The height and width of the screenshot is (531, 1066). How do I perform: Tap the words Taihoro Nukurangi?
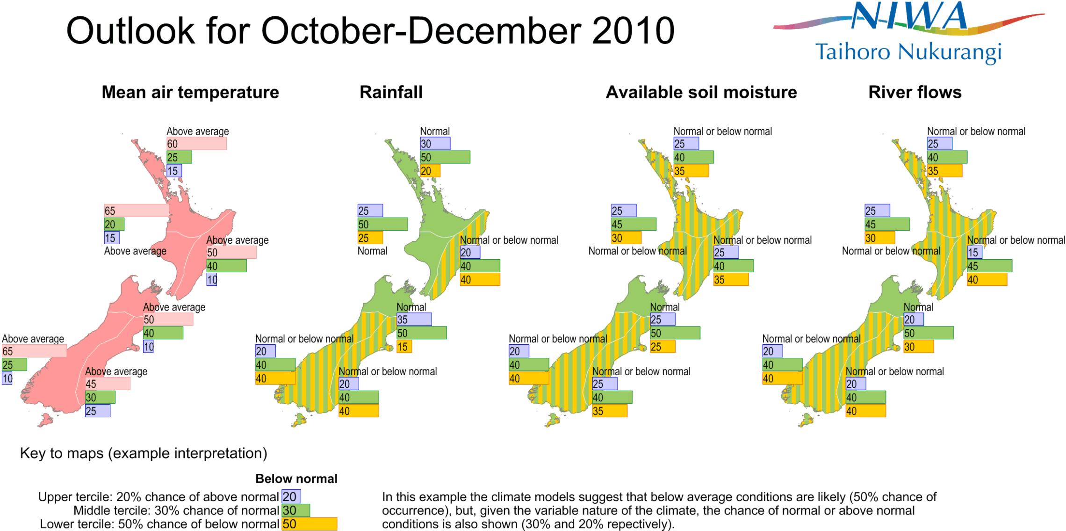click(x=908, y=52)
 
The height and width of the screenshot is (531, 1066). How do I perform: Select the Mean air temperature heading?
click(x=190, y=92)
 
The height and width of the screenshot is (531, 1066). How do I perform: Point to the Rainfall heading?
click(x=391, y=92)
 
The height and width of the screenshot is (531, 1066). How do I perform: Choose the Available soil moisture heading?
click(x=701, y=92)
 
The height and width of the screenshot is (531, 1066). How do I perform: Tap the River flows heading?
click(x=915, y=92)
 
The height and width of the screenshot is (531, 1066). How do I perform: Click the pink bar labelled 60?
click(x=196, y=144)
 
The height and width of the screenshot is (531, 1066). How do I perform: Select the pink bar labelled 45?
click(x=108, y=384)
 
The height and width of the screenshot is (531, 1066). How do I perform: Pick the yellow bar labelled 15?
click(x=404, y=347)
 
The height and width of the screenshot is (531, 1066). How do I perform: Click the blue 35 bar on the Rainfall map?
click(x=414, y=320)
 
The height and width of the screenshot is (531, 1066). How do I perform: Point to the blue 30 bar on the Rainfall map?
click(x=435, y=144)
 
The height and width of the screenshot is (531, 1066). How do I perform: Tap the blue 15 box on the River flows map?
click(x=974, y=252)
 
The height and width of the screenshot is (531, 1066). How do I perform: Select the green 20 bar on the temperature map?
click(x=114, y=224)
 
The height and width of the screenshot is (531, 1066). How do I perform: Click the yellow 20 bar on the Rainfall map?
click(x=430, y=171)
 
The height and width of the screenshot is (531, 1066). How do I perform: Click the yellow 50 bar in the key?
click(x=309, y=524)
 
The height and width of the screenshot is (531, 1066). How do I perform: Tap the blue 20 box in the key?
click(x=291, y=496)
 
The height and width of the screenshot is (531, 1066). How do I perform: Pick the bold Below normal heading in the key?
click(x=296, y=479)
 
